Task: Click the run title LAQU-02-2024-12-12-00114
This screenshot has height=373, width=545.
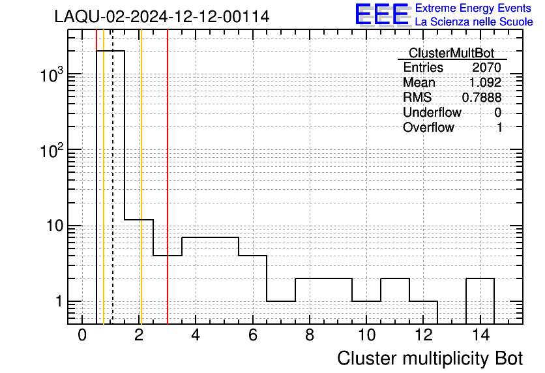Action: coord(162,16)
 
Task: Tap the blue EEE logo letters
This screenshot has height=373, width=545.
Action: coord(382,14)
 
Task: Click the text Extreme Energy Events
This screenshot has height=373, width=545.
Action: coord(473,8)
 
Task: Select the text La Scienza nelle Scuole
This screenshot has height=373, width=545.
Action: coord(474,22)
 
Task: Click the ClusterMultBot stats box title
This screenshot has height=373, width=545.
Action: coord(451,53)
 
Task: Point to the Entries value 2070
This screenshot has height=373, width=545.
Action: coord(486,67)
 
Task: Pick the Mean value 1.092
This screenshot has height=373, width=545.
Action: coord(485,82)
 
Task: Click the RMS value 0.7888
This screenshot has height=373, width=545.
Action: coord(481,97)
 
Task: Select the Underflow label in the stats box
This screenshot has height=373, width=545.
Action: coord(432,112)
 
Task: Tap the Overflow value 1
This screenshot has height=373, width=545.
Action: coord(499,127)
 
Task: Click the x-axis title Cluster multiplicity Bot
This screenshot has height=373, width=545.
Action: coord(430,359)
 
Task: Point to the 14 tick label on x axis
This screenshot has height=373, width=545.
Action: coord(480,335)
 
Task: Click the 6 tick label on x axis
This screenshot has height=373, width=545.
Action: coord(253,335)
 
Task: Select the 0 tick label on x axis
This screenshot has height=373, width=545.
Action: coord(82,335)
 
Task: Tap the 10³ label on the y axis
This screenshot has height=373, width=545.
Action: coord(52,75)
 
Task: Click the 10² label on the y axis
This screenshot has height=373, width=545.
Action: coord(52,151)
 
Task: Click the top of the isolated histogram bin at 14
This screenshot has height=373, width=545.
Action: coord(480,278)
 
